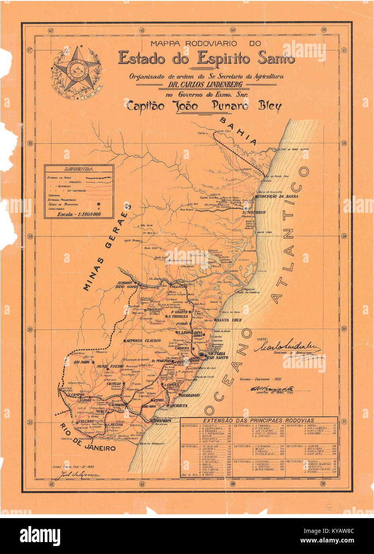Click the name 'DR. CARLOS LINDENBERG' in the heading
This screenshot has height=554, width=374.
[206, 85]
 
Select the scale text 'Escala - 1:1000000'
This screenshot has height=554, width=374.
[78, 214]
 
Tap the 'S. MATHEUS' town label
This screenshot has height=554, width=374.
[253, 212]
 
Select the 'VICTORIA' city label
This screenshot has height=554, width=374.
[216, 354]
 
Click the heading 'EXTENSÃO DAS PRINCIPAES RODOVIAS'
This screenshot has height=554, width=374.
[258, 420]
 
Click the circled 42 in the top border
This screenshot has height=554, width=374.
[51, 29]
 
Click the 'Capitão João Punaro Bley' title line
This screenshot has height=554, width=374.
[204, 106]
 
